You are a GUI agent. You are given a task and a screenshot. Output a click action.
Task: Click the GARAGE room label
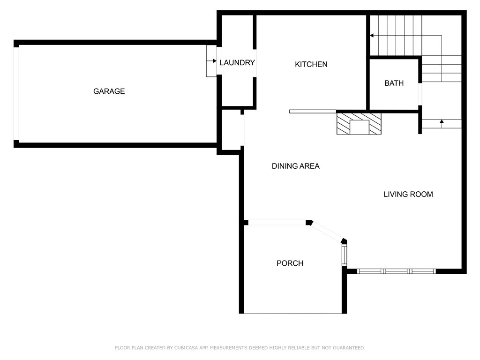point(109,91)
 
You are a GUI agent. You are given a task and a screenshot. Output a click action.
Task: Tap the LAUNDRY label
point(237,62)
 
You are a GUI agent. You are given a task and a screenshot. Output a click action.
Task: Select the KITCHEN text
point(311,64)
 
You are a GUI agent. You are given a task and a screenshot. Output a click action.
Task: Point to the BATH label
point(394,83)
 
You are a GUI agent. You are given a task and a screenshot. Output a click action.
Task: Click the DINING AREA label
point(296,166)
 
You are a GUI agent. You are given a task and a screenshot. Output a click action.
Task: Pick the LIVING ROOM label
point(408,194)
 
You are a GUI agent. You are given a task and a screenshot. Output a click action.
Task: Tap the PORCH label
point(290,263)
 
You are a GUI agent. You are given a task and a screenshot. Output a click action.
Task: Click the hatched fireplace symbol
point(359,124)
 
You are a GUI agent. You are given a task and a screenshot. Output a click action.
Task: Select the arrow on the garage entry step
point(211,61)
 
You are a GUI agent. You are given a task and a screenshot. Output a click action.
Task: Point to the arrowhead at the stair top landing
point(372,36)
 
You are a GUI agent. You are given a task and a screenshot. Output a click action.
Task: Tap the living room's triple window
point(397,271)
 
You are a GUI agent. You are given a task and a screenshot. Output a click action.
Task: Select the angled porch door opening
point(327,232)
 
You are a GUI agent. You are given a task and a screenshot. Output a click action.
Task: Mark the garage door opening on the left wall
point(16,94)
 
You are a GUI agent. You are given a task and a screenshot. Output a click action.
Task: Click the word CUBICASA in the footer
point(186,348)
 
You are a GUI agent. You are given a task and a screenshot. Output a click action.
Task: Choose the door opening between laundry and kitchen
point(255,63)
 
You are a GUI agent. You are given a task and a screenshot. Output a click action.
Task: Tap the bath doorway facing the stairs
point(420,94)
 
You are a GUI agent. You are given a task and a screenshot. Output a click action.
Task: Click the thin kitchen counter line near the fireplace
point(313,112)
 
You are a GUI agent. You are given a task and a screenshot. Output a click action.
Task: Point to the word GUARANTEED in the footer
point(349,348)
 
